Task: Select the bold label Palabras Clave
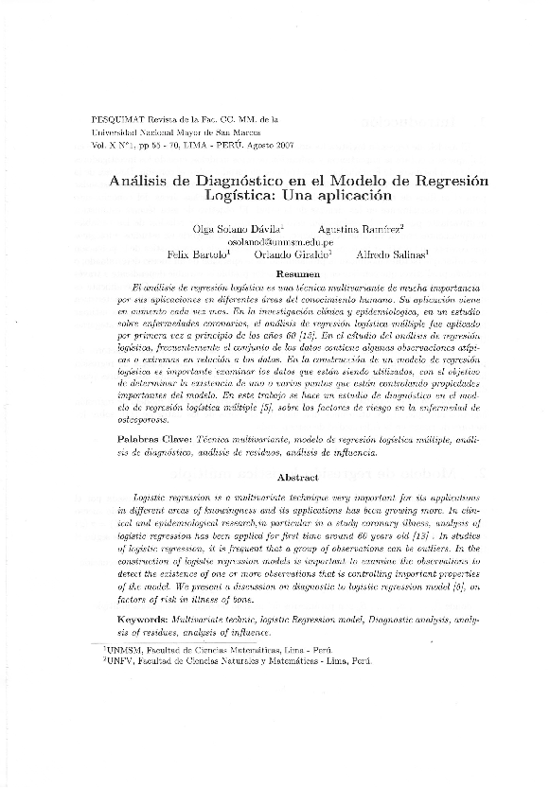pyautogui.click(x=152, y=440)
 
